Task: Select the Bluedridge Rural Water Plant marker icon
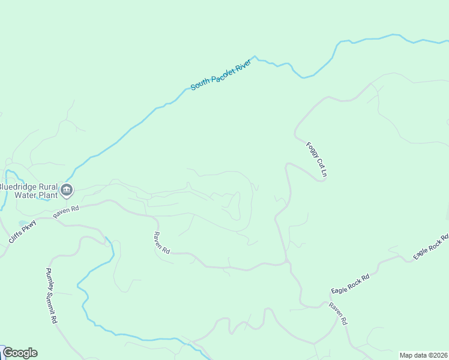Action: coord(67,191)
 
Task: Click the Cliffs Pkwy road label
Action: coord(23,232)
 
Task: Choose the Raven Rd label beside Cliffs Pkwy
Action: coord(66,212)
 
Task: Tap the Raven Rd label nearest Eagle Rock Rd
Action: coord(337,314)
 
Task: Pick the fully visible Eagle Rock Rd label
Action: coord(350,284)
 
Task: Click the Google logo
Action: coord(20,353)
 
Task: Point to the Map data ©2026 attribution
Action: coord(423,355)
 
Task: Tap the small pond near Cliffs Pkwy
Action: coord(22,223)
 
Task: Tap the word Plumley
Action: coord(48,279)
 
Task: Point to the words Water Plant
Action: coord(36,194)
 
